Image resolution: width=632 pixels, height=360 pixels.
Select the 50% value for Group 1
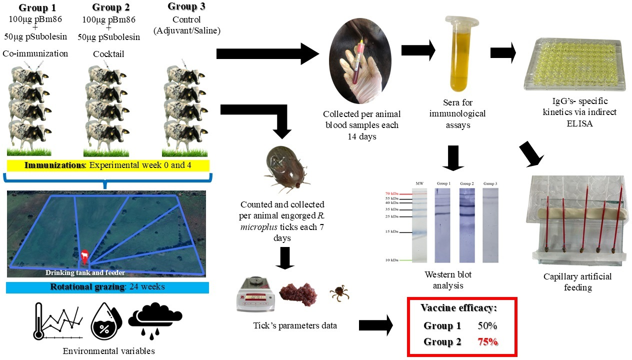(486, 326)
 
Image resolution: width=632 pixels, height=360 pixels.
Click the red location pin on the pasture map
(85, 257)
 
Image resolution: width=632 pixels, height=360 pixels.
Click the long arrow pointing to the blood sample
(267, 53)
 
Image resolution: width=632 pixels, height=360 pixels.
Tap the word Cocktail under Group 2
(108, 54)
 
